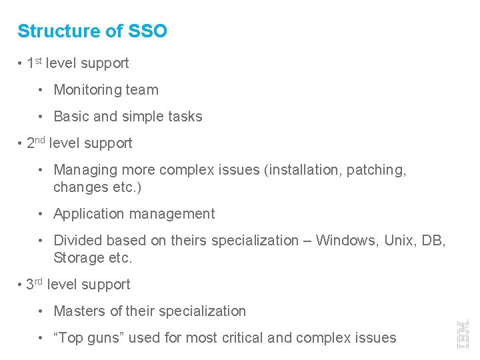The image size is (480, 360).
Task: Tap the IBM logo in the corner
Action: [x=461, y=333]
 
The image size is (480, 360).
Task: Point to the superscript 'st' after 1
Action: [x=39, y=61]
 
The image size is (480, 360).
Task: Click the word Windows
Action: [x=345, y=240]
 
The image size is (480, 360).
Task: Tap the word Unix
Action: [x=400, y=240]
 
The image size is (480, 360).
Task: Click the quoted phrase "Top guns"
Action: [x=89, y=338]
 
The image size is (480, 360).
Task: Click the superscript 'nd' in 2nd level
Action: [x=41, y=140]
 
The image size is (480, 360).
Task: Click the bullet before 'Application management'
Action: [x=41, y=214]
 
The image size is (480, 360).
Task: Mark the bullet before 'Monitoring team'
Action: [x=41, y=90]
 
